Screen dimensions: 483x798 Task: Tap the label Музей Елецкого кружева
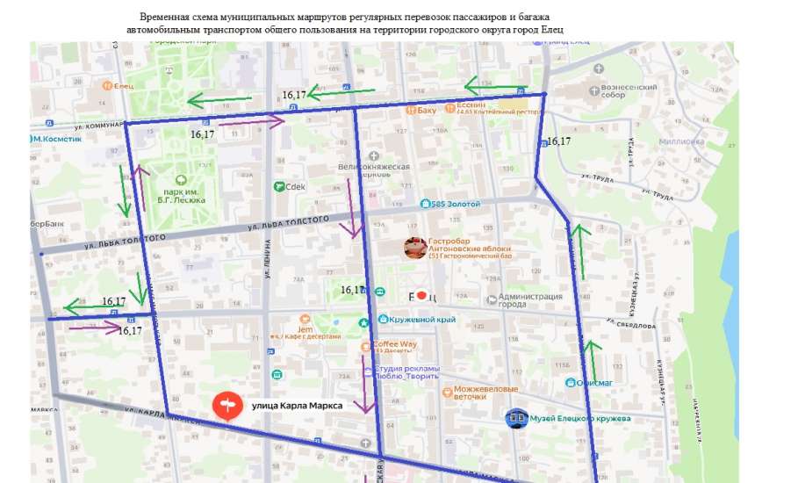click(x=580, y=418)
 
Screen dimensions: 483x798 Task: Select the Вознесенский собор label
click(x=629, y=91)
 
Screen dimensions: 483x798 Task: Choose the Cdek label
click(x=294, y=186)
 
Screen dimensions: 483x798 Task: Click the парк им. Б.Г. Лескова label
click(x=183, y=195)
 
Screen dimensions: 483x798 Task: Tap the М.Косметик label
click(x=58, y=139)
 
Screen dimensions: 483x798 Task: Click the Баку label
click(x=427, y=110)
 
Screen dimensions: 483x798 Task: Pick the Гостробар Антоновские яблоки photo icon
click(x=415, y=249)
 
